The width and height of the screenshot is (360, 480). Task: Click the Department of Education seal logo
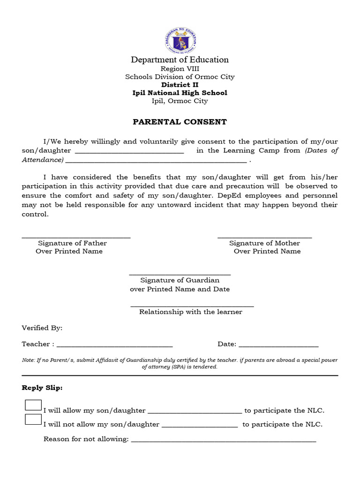(x=180, y=40)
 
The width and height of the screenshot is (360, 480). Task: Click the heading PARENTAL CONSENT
(x=180, y=122)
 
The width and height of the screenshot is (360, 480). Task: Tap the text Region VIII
(x=180, y=68)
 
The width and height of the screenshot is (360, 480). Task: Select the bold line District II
(x=180, y=85)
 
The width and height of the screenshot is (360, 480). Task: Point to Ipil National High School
(x=180, y=93)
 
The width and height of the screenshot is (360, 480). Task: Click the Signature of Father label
(x=72, y=243)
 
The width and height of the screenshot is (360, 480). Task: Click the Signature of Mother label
(x=264, y=243)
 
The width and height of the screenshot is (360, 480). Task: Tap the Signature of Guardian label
(x=180, y=280)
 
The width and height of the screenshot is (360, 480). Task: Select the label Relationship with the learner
(x=191, y=312)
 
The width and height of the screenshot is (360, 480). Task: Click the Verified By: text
(x=42, y=328)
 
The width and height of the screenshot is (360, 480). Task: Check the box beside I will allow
(x=33, y=405)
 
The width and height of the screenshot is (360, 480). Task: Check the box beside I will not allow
(x=33, y=420)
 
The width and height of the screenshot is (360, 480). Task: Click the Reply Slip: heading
(x=42, y=388)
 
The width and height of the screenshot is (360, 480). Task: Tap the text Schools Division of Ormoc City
(x=180, y=77)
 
